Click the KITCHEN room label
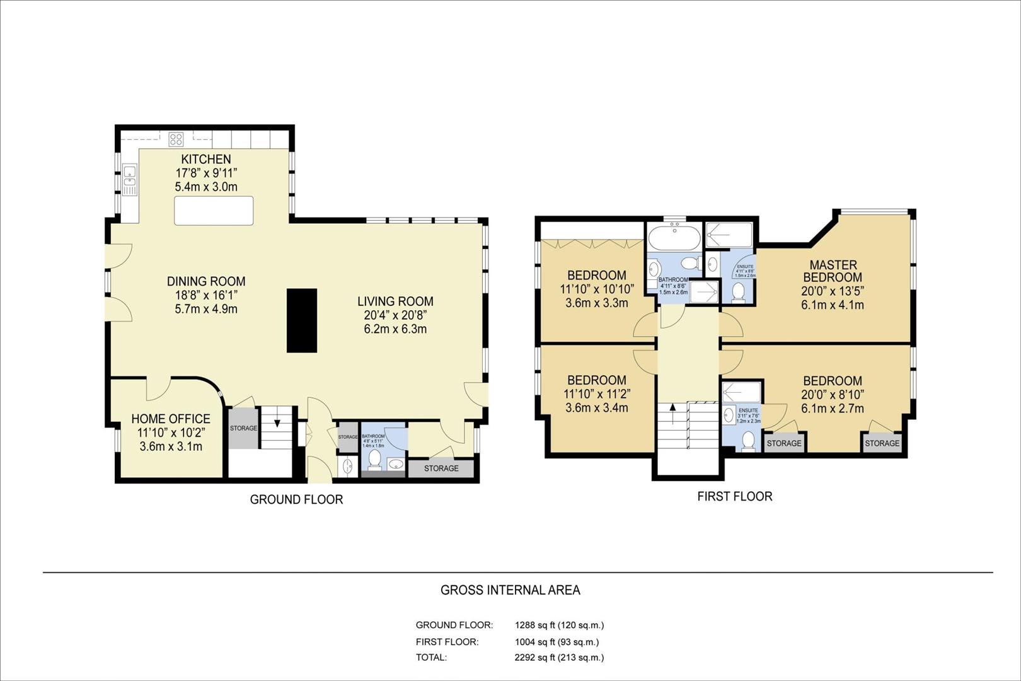(206, 159)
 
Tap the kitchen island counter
(214, 211)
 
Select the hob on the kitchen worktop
(176, 139)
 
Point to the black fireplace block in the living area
(302, 320)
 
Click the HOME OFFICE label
(171, 419)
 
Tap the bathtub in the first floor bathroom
(674, 240)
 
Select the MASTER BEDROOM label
(833, 271)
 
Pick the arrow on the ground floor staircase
(277, 423)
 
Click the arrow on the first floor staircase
(672, 409)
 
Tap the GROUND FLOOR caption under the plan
(296, 499)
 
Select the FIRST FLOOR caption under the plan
(734, 496)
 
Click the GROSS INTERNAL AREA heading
(510, 590)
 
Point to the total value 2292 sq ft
(559, 657)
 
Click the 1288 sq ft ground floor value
(559, 626)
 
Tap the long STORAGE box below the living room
(441, 469)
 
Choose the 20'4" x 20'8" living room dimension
(395, 315)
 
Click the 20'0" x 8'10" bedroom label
(832, 395)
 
